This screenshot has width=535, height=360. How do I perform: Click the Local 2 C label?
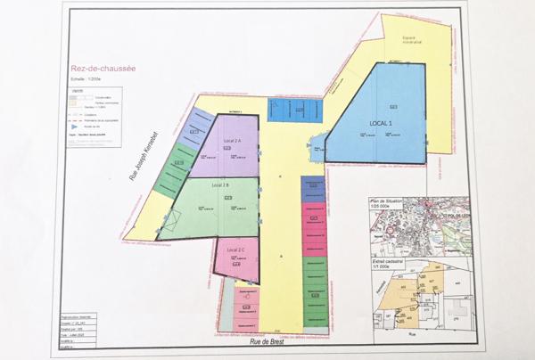[235, 250]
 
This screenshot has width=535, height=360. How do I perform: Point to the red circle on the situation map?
[390, 228]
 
